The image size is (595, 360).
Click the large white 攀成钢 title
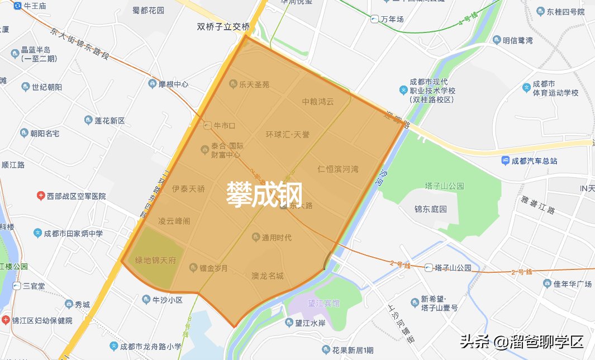264,194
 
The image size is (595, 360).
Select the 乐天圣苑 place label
254,84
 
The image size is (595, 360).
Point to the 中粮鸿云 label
317,102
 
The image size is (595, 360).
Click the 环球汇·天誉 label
287,135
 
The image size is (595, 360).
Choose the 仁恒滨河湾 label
338,168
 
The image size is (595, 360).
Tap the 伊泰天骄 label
188,189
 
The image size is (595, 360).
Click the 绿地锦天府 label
156,260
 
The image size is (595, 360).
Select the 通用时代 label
277,238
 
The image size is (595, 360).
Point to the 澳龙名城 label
267,276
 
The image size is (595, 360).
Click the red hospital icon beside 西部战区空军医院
41,196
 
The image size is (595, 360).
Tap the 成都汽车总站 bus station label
535,160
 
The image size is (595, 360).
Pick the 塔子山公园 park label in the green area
444,186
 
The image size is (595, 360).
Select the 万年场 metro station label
392,19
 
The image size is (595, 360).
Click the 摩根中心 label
173,84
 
